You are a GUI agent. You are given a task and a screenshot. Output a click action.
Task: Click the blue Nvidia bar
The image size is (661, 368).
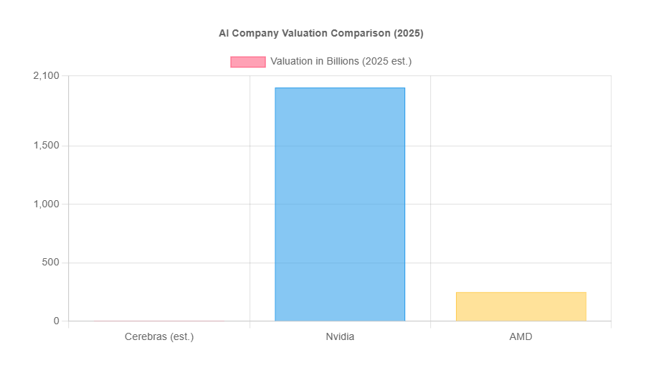coord(340,204)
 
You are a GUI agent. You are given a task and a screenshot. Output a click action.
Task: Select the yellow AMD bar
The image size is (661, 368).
coord(520,306)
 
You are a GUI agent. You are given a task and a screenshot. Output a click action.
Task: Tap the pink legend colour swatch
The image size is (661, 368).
coord(247,62)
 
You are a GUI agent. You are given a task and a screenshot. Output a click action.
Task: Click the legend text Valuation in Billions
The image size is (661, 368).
coord(341,62)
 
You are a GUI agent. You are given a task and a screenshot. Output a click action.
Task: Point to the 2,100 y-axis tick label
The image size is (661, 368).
coord(46,76)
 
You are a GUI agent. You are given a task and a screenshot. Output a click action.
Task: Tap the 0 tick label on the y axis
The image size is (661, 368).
coord(56,321)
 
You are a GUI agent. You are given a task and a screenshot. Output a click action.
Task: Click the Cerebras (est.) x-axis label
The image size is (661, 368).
coord(159,336)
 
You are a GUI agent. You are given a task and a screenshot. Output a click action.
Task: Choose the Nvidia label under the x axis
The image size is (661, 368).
coord(340,336)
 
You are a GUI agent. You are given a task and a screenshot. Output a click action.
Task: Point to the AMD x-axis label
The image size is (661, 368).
coord(520,336)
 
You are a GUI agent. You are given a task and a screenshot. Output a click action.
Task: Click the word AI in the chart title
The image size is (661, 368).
coord(224,33)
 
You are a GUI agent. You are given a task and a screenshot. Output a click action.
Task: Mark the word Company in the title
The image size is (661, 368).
coord(252,33)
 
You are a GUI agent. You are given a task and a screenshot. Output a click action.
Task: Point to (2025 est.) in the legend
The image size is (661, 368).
coord(386,62)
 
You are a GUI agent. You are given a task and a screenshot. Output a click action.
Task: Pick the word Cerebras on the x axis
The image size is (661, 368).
coord(146,336)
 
